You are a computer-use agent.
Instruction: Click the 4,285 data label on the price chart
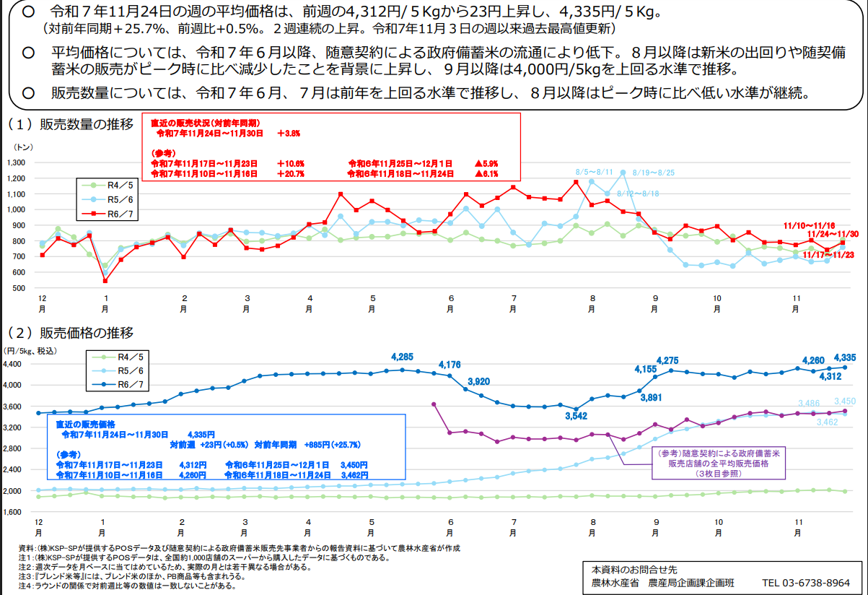402,357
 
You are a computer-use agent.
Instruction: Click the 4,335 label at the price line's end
844,357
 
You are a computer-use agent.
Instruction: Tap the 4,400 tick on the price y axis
14,365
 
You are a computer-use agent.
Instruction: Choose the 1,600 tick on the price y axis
14,512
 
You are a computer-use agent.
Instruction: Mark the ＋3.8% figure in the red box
288,134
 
